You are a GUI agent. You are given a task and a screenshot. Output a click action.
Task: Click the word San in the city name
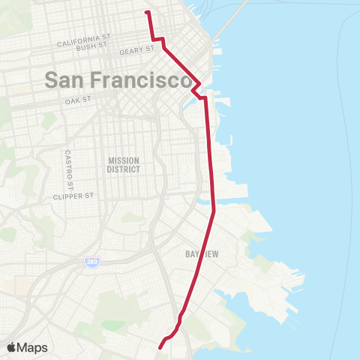click(x=64, y=79)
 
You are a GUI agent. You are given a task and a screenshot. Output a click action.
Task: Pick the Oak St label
click(x=78, y=99)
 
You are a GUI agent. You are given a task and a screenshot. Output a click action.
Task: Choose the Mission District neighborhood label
click(x=124, y=165)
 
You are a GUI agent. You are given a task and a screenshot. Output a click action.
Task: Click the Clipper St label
click(x=73, y=196)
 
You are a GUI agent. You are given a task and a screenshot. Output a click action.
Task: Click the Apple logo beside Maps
click(x=13, y=347)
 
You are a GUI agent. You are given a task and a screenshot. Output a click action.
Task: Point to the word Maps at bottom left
click(x=33, y=347)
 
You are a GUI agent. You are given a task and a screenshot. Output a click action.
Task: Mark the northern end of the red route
click(x=147, y=12)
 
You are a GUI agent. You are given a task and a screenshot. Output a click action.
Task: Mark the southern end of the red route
click(x=160, y=346)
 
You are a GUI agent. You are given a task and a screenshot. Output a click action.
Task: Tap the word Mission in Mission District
click(x=124, y=160)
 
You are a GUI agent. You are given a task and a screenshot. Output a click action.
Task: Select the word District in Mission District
click(x=124, y=169)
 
